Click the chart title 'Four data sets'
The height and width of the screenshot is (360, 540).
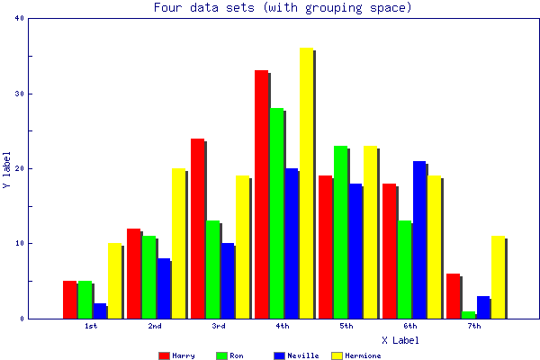[x=283, y=8]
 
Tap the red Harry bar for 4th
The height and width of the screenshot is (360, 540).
[x=261, y=194]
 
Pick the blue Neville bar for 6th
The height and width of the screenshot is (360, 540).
[x=419, y=239]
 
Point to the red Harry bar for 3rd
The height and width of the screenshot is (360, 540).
[x=197, y=229]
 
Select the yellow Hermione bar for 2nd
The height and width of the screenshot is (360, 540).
[x=178, y=243]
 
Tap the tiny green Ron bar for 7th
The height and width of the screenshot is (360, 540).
[x=468, y=315]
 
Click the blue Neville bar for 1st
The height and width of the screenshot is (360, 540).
[x=99, y=311]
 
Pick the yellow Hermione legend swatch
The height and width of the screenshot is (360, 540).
[x=337, y=355]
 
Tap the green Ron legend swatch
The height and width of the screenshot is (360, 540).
[x=221, y=355]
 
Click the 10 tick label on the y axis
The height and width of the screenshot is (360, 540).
[x=19, y=243]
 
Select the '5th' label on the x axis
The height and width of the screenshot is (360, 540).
[x=346, y=326]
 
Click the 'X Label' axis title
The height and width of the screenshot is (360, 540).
[x=400, y=340]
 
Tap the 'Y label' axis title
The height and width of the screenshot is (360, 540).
[x=7, y=168]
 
